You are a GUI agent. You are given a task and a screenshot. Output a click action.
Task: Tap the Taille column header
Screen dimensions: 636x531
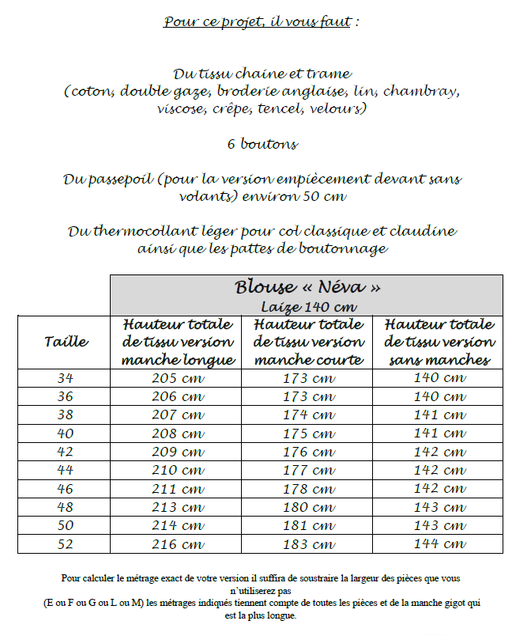tap(66, 342)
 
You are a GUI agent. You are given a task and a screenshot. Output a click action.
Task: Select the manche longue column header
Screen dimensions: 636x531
tap(178, 343)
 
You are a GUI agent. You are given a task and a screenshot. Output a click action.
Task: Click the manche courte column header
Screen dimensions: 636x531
tap(308, 343)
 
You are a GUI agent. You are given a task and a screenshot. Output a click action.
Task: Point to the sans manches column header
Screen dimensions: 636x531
tap(439, 343)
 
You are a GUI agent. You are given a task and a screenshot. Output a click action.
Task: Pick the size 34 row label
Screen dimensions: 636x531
tap(66, 377)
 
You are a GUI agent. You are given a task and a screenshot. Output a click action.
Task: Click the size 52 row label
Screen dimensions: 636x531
tap(66, 544)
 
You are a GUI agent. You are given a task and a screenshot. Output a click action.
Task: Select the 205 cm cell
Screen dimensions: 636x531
tap(178, 377)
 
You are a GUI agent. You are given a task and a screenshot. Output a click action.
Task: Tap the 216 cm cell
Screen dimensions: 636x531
tap(178, 544)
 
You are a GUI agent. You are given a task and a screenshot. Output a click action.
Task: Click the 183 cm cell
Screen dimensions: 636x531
tap(308, 544)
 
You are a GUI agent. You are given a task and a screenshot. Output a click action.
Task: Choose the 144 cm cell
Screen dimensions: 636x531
tap(439, 544)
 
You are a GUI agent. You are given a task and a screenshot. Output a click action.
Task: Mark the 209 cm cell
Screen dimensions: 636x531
tap(178, 452)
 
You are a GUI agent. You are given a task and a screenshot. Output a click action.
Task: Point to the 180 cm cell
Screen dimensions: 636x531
tap(308, 507)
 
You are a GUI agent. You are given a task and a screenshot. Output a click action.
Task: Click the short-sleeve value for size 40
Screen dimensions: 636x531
tap(308, 433)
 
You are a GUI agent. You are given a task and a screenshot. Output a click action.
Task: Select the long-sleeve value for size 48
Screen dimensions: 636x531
tap(178, 507)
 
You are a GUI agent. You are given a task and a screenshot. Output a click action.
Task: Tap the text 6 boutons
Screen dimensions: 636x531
tap(262, 144)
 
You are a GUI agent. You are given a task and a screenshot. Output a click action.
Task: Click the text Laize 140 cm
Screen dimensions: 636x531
tap(307, 306)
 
